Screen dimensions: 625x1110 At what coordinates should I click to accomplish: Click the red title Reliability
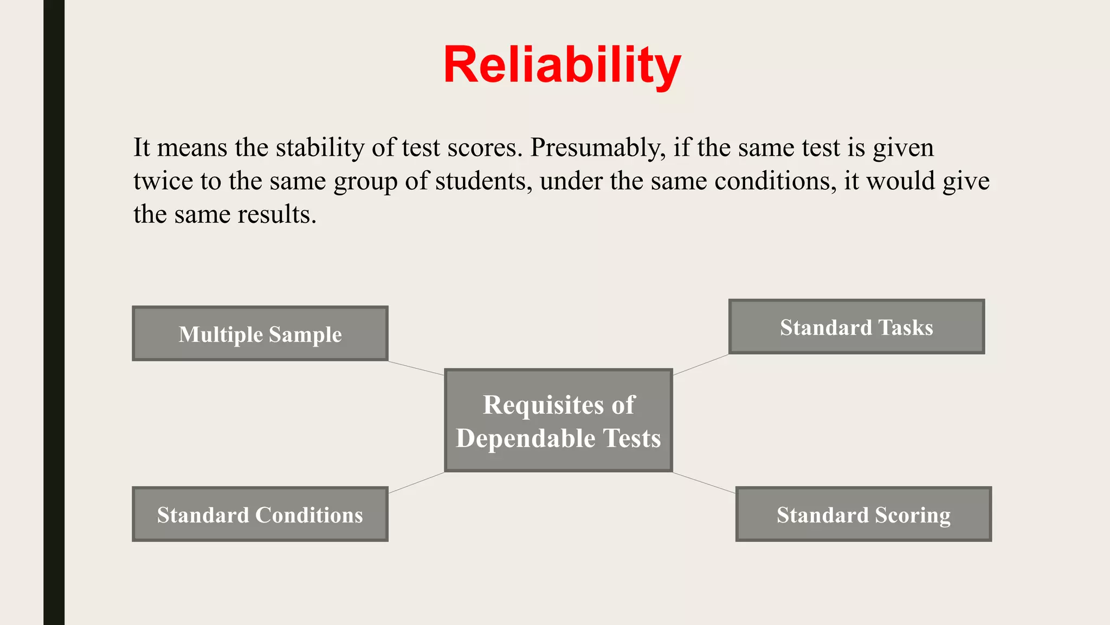tap(562, 65)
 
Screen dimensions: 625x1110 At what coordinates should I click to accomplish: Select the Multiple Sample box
tap(260, 333)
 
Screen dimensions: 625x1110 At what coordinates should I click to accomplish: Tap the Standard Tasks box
tap(856, 327)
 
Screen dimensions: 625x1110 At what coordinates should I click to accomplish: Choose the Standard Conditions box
tap(260, 514)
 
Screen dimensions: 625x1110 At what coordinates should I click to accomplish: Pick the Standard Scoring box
tap(863, 514)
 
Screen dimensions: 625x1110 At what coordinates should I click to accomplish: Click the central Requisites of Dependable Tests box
tap(558, 420)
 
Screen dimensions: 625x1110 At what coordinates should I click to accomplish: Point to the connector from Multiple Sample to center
tap(416, 368)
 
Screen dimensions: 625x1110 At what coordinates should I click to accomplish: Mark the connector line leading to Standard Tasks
tap(701, 365)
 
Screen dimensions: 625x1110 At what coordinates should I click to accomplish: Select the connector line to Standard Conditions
tap(416, 482)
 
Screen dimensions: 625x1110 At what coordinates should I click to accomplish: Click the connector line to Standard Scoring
tap(704, 482)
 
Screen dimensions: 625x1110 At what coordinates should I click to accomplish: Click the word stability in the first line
tap(320, 148)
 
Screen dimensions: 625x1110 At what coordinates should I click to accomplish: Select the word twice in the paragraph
tap(163, 181)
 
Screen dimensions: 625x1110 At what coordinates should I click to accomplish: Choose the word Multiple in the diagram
tap(221, 334)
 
